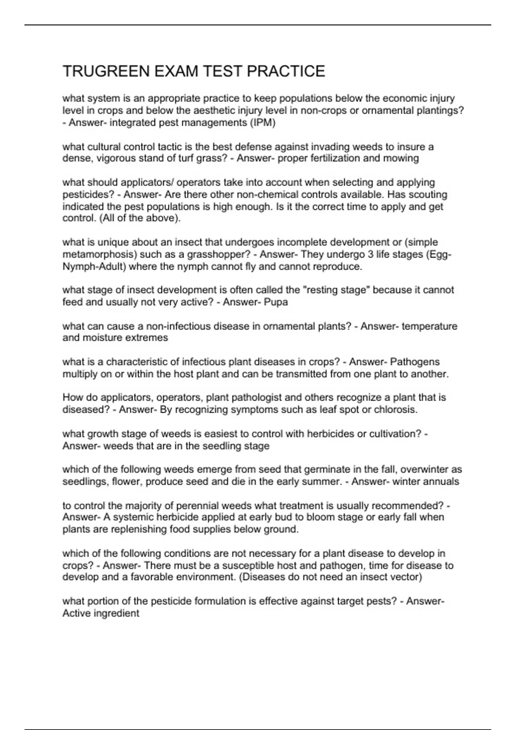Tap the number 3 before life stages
pyautogui.click(x=370, y=255)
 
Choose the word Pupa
pyautogui.click(x=276, y=302)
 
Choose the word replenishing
pyautogui.click(x=139, y=529)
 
